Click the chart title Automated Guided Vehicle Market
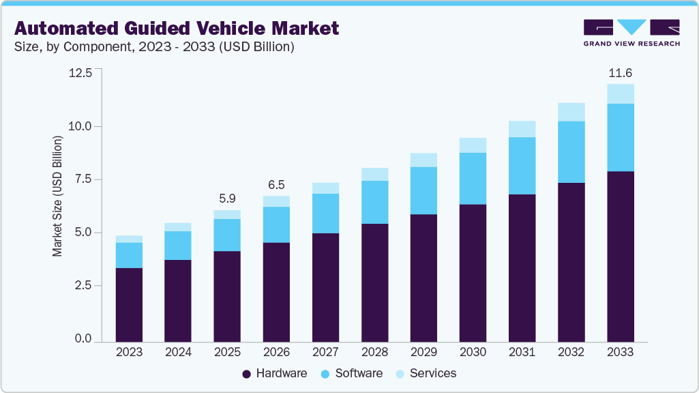click(x=177, y=28)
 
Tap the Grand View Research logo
click(x=631, y=33)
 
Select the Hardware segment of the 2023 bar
click(x=129, y=304)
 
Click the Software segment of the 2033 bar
click(x=620, y=137)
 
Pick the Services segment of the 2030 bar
click(x=473, y=145)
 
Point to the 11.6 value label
click(x=620, y=72)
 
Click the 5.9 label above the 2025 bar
click(x=227, y=199)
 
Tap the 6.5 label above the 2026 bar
click(x=276, y=184)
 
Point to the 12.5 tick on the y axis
click(x=80, y=72)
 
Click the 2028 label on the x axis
click(x=374, y=353)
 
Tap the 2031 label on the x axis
click(x=522, y=353)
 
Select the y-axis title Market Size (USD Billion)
click(x=57, y=196)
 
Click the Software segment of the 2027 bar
click(x=325, y=214)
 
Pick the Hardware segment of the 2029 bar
click(x=423, y=278)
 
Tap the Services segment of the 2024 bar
click(x=178, y=227)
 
